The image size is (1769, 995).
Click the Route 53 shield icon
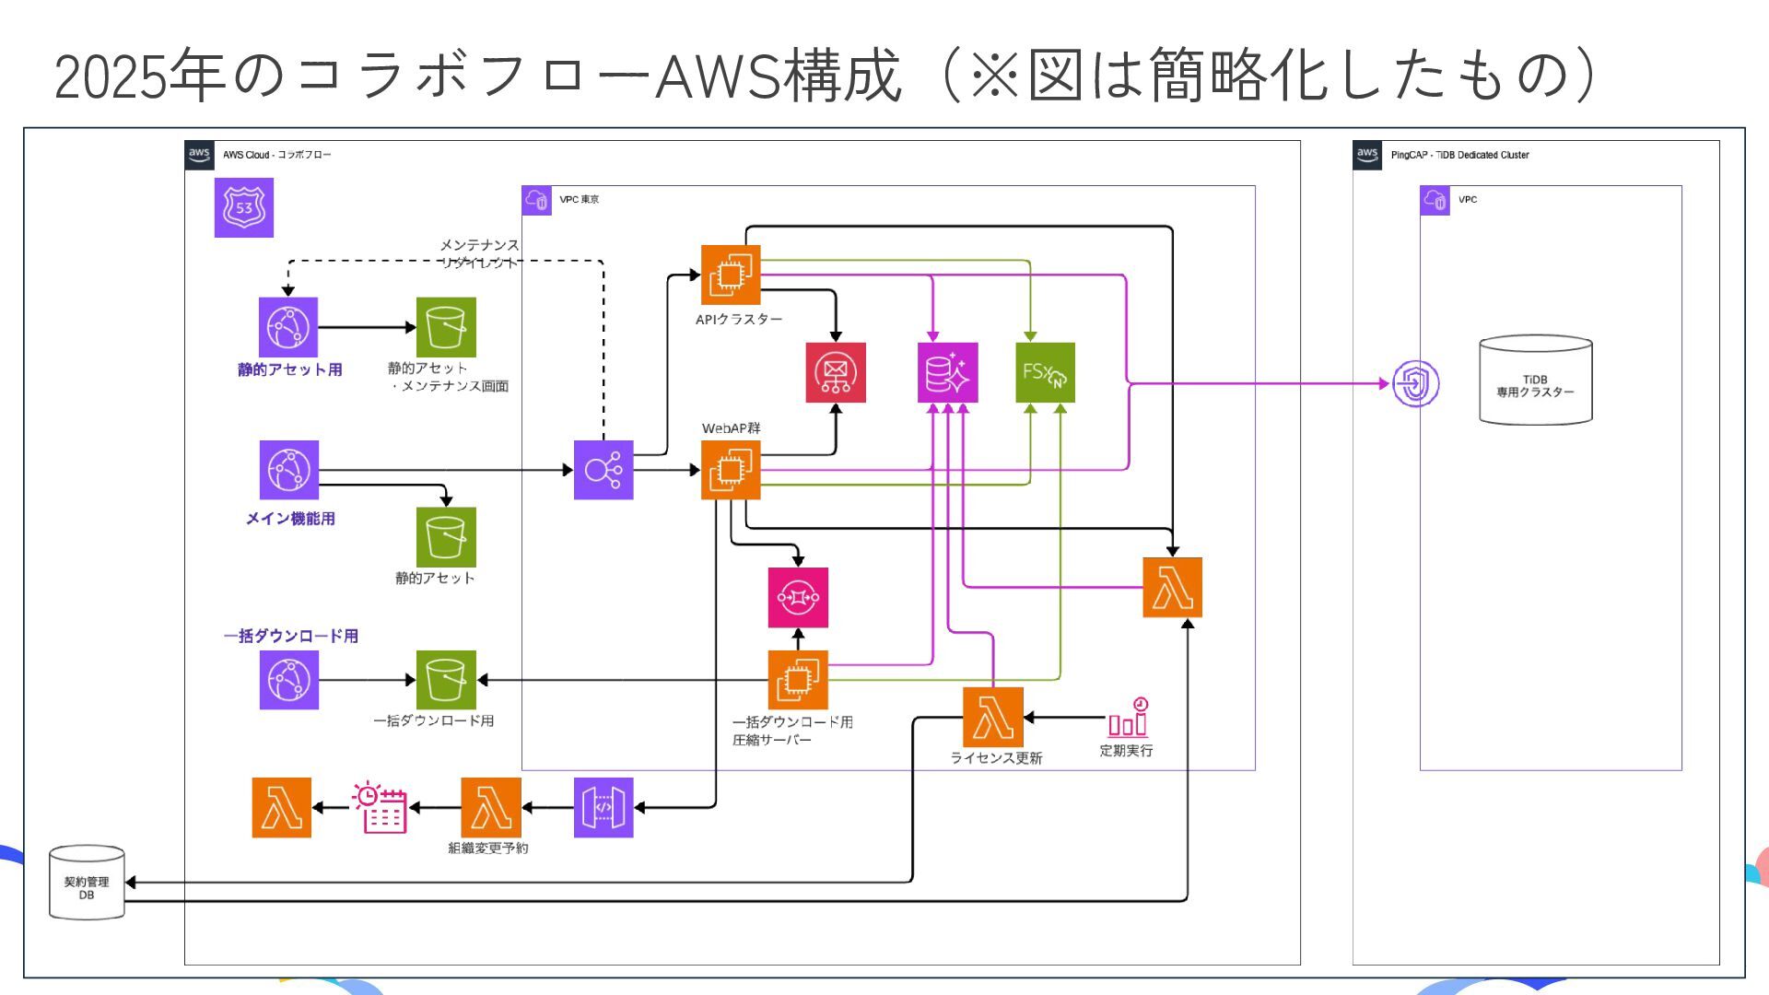pos(244,207)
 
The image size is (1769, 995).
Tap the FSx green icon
pos(1045,373)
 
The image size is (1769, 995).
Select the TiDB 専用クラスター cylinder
pos(1535,380)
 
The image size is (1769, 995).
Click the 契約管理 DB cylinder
pos(87,883)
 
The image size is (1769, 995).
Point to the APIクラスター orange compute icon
pos(731,275)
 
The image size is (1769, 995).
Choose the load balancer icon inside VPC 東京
pos(603,470)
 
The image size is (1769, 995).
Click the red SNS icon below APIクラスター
pos(836,373)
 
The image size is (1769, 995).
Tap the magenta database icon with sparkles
pos(947,373)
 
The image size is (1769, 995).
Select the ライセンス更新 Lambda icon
pos(993,717)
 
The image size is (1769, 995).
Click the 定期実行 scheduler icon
pos(1128,717)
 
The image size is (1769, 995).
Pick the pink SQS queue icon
pos(798,597)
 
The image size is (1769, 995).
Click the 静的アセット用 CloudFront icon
pos(288,327)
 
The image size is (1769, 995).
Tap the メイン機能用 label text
pos(290,519)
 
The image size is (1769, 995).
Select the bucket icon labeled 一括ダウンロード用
pos(446,680)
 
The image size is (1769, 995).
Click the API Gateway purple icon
pos(603,808)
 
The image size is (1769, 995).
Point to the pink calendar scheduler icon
pos(380,808)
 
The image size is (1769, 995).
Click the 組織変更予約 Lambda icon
pos(491,808)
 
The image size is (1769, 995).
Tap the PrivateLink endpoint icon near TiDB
pos(1415,383)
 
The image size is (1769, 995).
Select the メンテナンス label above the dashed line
pos(479,245)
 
